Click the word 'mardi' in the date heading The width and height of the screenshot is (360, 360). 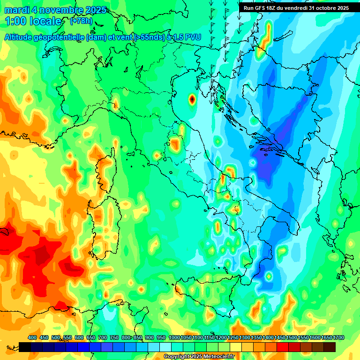(16, 10)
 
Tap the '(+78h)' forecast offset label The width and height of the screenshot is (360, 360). (81, 21)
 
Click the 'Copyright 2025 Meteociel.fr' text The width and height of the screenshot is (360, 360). (199, 357)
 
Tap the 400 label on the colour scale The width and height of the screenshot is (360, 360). (32, 338)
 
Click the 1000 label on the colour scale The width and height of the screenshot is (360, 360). (174, 338)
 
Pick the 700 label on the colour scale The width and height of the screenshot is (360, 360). (103, 338)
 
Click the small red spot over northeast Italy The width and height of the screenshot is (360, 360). (192, 99)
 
